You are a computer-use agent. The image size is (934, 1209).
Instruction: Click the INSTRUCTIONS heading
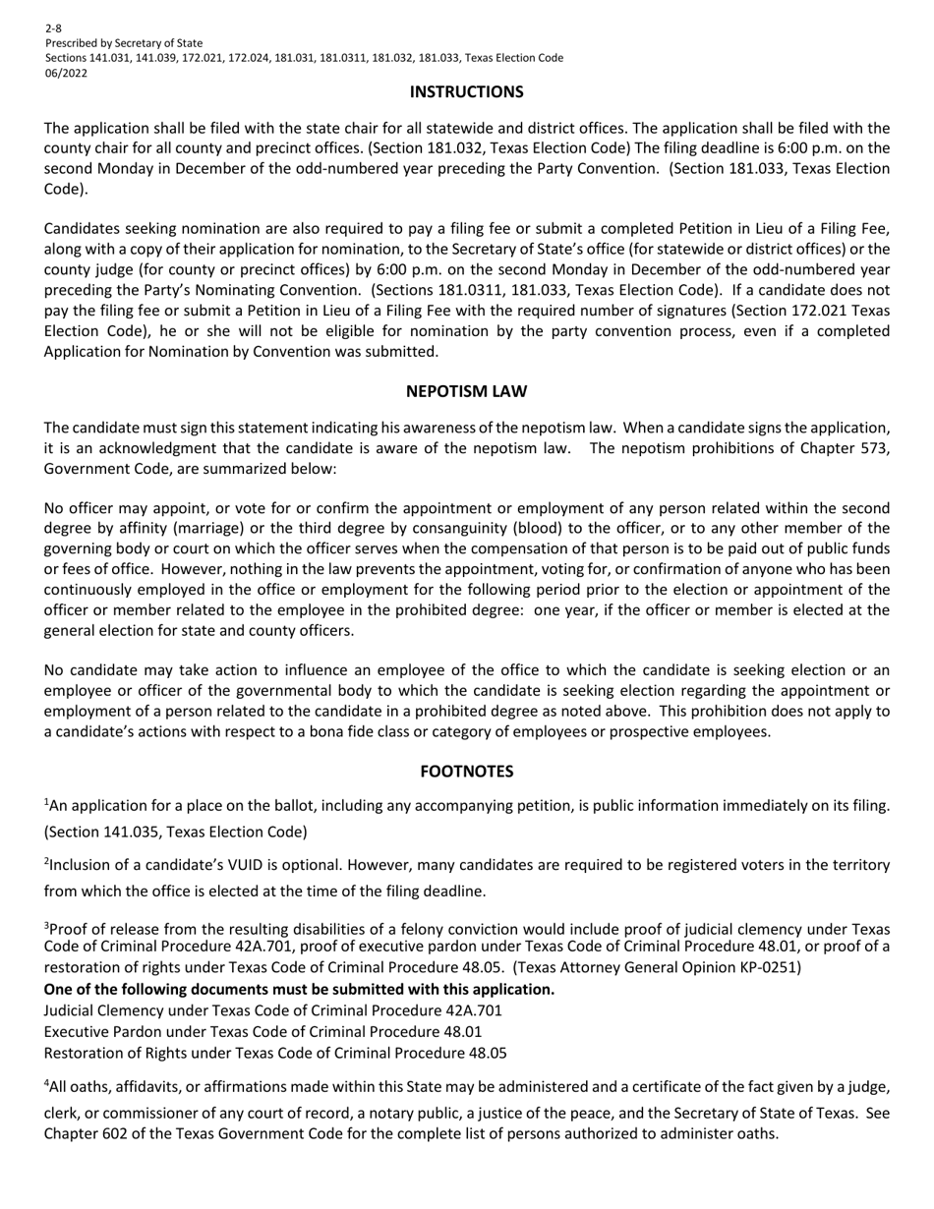pyautogui.click(x=466, y=92)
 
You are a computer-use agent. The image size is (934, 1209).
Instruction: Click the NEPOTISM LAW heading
pyautogui.click(x=466, y=391)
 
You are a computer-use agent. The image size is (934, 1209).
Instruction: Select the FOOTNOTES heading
pyautogui.click(x=466, y=772)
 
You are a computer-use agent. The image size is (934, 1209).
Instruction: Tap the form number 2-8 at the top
pyautogui.click(x=53, y=29)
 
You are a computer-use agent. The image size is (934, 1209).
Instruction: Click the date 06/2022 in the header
pyautogui.click(x=65, y=73)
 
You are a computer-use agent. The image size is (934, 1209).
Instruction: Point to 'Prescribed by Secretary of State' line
pyautogui.click(x=124, y=43)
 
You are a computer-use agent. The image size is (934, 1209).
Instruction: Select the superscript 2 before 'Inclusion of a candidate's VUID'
pyautogui.click(x=46, y=862)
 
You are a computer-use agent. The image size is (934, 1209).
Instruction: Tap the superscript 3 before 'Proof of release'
pyautogui.click(x=46, y=925)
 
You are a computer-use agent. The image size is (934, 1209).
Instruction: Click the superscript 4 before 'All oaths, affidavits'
pyautogui.click(x=46, y=1083)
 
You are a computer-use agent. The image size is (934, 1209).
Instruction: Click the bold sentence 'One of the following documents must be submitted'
pyautogui.click(x=299, y=989)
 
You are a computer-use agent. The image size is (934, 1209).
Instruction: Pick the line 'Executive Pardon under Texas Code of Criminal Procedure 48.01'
pyautogui.click(x=263, y=1031)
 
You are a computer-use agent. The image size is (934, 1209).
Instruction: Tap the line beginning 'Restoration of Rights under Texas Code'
pyautogui.click(x=275, y=1053)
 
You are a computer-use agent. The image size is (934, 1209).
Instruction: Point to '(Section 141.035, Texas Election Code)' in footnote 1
pyautogui.click(x=175, y=833)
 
